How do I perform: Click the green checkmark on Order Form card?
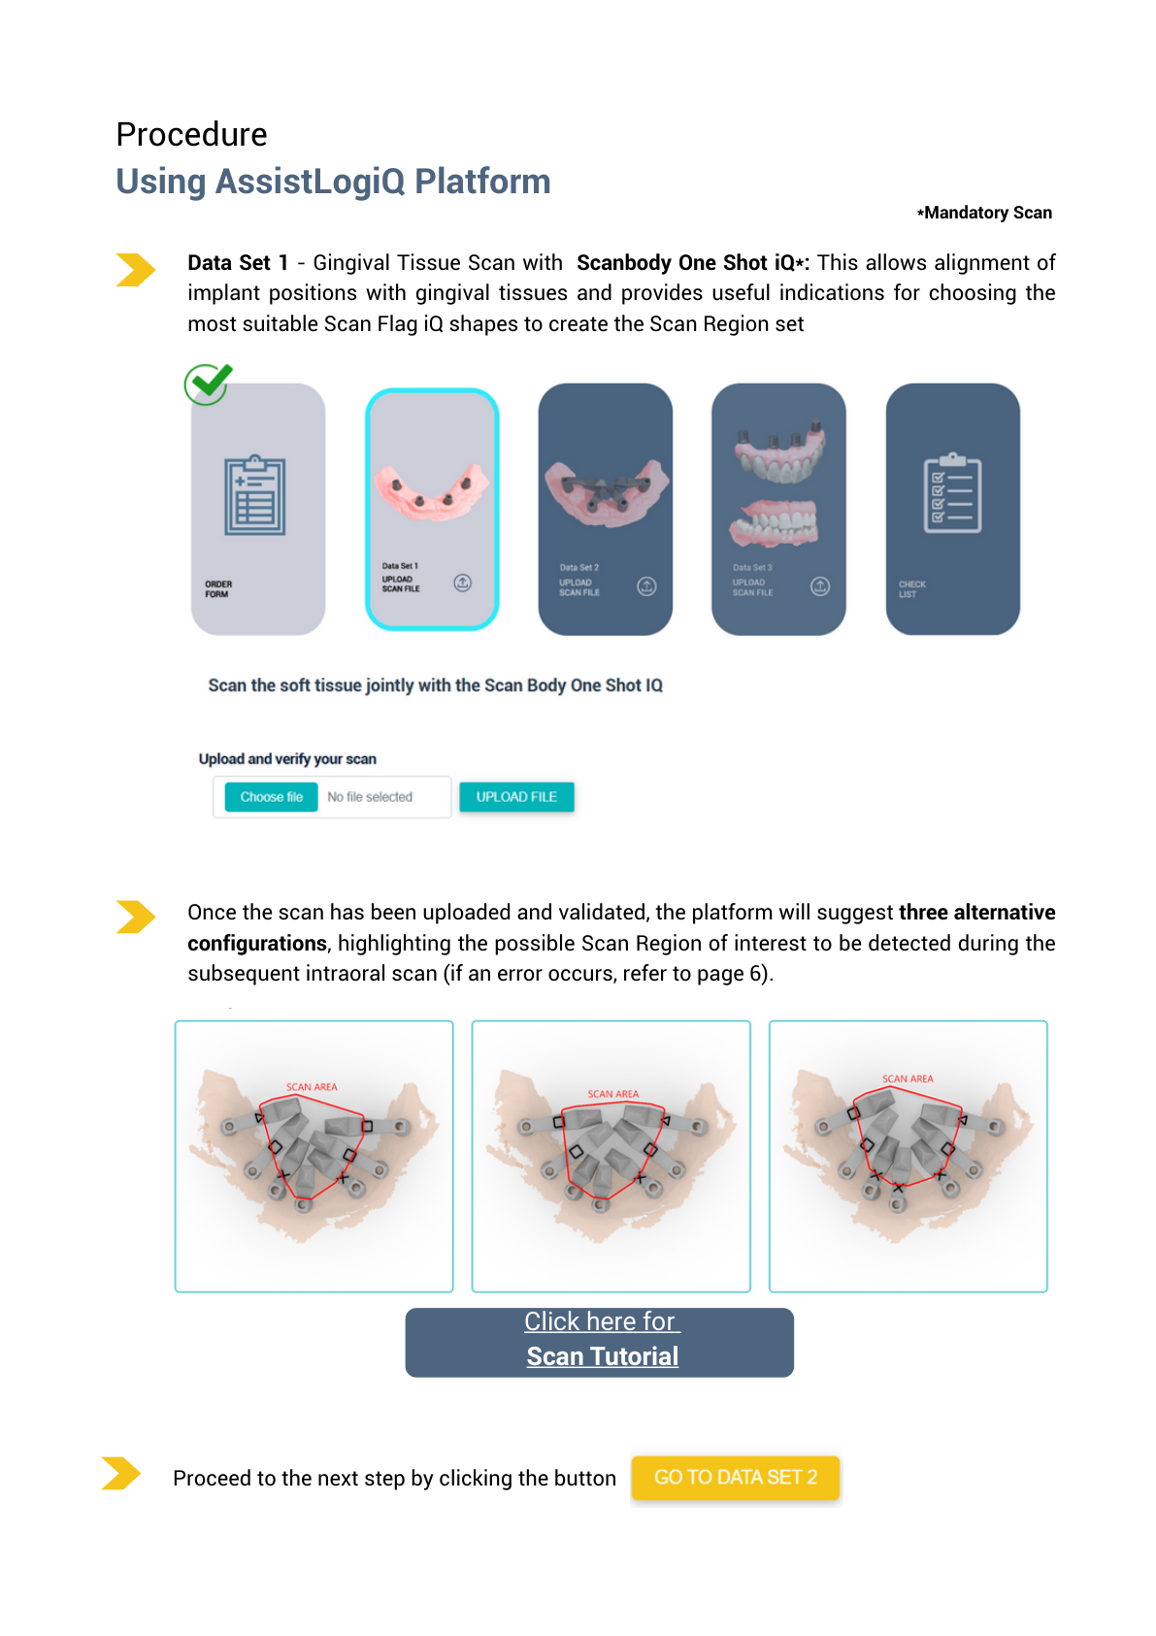tap(208, 384)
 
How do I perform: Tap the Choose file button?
tap(272, 797)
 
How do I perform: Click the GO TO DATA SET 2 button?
tap(735, 1478)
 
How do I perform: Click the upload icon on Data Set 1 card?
tap(463, 583)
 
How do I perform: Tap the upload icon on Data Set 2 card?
tap(646, 586)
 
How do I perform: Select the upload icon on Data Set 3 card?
tap(820, 586)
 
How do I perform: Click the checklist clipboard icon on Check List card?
tap(952, 493)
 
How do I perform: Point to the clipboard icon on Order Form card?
tap(255, 495)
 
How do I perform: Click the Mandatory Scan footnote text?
tap(985, 213)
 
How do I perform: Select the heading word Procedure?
tap(191, 134)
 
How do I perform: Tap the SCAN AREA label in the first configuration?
tap(312, 1087)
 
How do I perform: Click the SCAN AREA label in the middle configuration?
tap(612, 1094)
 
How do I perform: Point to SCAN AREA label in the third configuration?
tap(908, 1079)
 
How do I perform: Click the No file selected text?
tap(370, 797)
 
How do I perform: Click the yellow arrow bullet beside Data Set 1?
tap(135, 270)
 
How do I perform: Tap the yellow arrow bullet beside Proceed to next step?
tap(120, 1473)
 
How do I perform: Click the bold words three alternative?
tap(975, 913)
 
